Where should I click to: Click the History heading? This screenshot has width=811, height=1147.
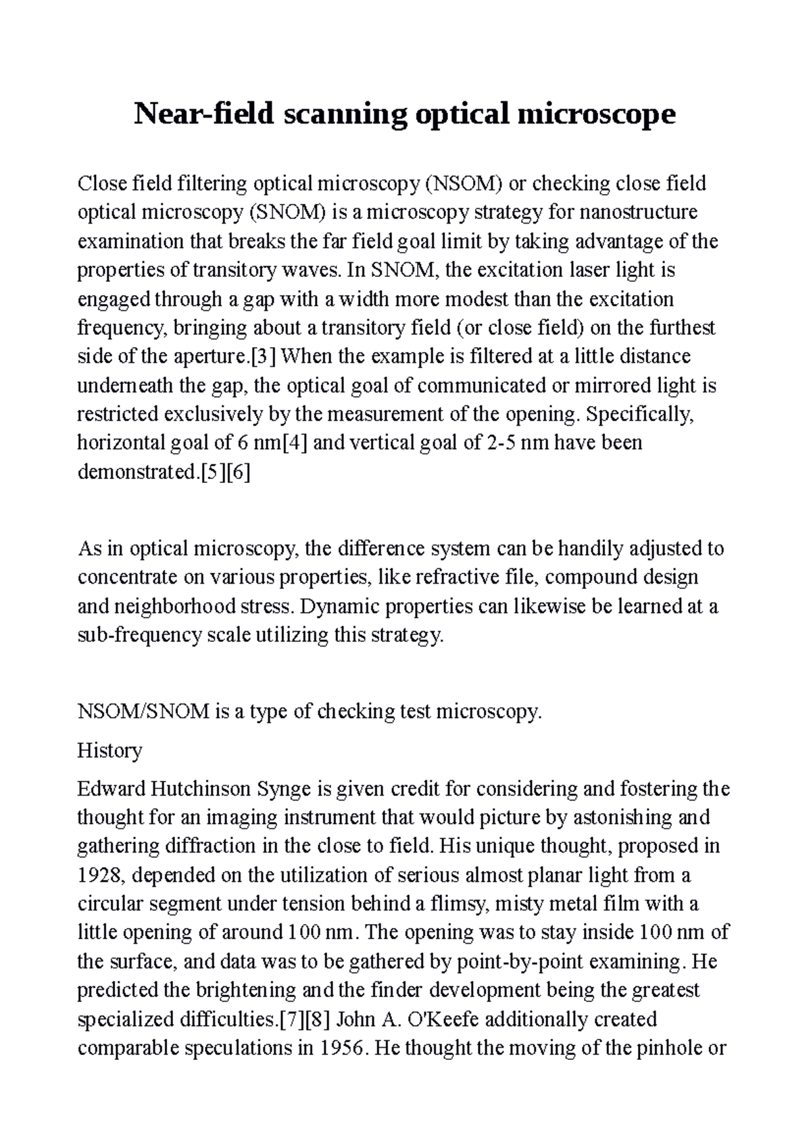[109, 750]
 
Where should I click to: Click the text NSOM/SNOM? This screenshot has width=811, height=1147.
[143, 712]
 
